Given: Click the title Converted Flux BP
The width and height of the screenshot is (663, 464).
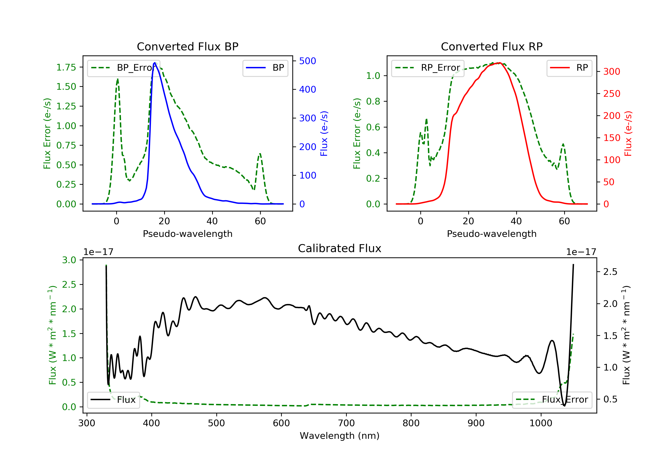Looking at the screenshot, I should point(187,46).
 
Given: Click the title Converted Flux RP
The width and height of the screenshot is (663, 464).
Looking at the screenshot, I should point(492,46).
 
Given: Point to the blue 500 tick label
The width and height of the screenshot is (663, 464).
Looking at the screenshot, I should point(308,61).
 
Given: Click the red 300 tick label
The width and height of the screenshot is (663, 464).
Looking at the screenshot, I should point(612,72).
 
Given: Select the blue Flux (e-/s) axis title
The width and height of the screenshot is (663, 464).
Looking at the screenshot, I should point(324,133).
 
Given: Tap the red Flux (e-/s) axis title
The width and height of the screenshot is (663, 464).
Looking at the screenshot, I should point(628,133).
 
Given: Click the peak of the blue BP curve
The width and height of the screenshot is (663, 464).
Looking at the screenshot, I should point(155,63).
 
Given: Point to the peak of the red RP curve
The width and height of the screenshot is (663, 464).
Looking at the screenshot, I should point(499,63).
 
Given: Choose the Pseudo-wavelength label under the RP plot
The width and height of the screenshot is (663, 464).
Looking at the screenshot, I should point(492,234).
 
